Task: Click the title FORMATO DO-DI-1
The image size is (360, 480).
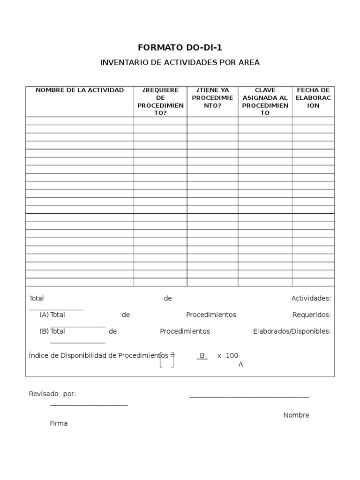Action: pos(180,47)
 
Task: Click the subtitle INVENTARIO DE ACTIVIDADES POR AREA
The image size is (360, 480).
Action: pos(180,62)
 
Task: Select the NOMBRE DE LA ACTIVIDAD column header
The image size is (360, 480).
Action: pos(80,90)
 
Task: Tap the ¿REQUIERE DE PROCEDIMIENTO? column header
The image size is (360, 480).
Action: pos(160,101)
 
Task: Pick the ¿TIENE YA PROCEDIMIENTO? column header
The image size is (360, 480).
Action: pos(212,97)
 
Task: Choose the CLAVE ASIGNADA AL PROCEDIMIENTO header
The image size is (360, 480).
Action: pos(265,101)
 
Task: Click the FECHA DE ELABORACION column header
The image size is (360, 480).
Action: pos(313,97)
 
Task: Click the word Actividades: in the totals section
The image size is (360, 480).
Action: pos(311,298)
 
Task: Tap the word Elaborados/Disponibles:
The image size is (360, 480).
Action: pos(292,331)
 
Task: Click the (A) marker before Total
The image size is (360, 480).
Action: pos(44,315)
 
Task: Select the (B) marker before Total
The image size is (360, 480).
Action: pos(44,331)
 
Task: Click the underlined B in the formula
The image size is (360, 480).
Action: pos(202,356)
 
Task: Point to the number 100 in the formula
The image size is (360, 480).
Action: pos(232,356)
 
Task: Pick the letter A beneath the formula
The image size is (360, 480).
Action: pos(240,364)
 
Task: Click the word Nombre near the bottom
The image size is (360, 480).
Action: pos(296,415)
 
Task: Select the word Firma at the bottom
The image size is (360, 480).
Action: pos(59,423)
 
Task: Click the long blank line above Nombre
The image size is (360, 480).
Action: pos(249,397)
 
